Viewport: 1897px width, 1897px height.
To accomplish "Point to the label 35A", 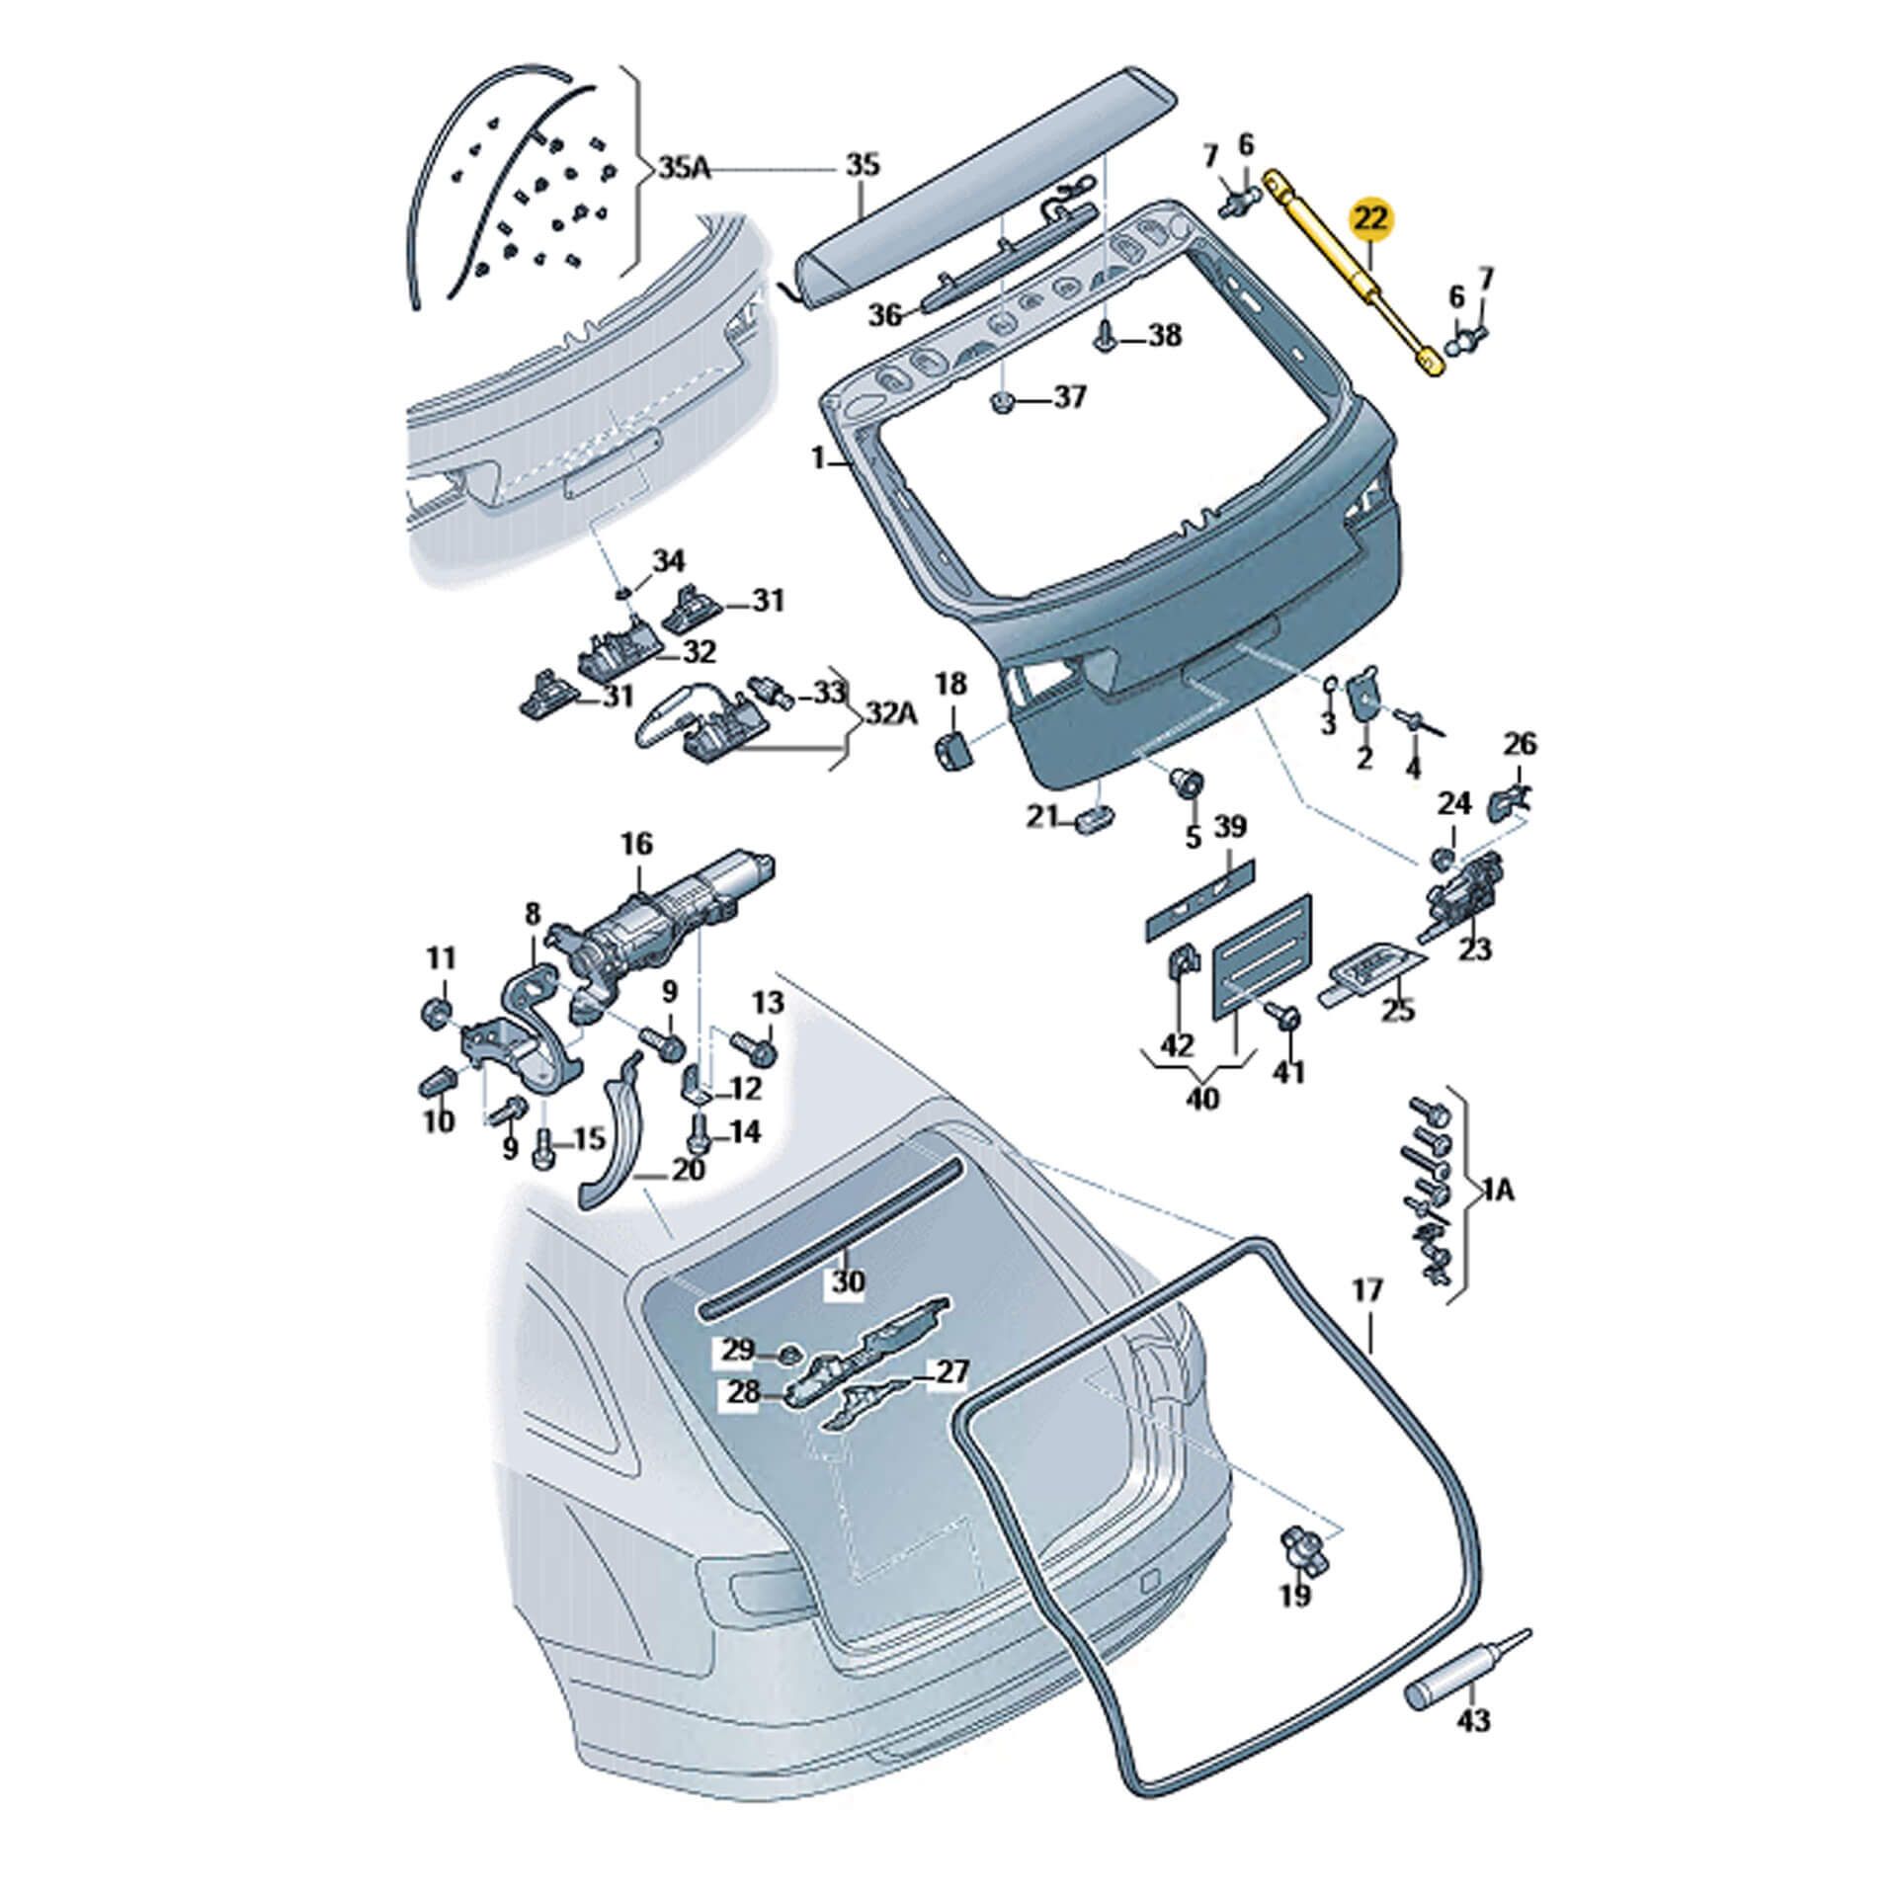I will (684, 167).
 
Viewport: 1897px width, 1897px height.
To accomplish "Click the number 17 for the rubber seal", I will (1368, 1290).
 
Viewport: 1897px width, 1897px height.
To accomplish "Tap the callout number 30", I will (847, 1282).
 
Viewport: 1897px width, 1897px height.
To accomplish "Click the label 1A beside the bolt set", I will (1497, 1192).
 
